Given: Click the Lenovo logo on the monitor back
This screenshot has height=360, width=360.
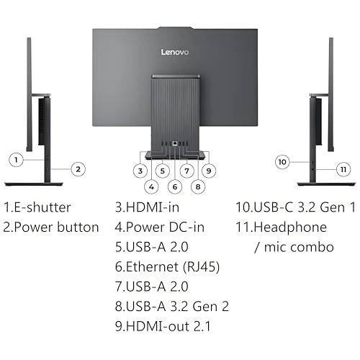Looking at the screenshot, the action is click(175, 52).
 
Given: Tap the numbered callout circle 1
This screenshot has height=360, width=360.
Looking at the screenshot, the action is click(16, 160).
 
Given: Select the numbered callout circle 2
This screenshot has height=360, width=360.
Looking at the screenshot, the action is click(78, 169).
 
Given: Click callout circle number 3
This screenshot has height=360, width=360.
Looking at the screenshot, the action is click(140, 171).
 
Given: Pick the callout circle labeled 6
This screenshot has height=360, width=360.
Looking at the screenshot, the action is click(175, 186).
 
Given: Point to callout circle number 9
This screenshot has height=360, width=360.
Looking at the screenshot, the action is click(209, 171).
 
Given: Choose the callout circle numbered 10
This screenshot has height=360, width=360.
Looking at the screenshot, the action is click(282, 162).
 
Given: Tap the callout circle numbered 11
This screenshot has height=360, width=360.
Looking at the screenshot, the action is click(343, 169).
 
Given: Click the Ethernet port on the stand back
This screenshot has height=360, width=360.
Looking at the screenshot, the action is click(175, 143).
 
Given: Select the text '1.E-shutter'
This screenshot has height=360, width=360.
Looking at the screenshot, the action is click(37, 207).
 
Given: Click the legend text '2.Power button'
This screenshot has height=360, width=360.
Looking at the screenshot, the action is click(51, 228).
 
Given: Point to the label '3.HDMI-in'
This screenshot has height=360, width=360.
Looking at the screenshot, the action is click(147, 207).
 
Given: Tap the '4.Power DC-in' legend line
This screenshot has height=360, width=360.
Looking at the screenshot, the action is click(160, 228).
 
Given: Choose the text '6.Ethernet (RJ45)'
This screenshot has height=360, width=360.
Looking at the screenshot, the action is click(168, 267).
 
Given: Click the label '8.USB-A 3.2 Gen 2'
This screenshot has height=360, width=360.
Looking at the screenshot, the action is click(172, 307).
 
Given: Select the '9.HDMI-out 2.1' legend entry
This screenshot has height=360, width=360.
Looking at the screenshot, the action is click(163, 326).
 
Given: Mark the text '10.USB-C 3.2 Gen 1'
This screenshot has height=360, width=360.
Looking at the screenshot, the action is click(296, 207).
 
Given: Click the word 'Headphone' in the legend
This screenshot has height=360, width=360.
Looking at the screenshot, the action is click(290, 228).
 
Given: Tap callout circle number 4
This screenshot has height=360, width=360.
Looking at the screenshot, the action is click(151, 186).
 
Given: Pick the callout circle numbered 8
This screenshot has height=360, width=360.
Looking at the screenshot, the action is click(198, 186).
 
